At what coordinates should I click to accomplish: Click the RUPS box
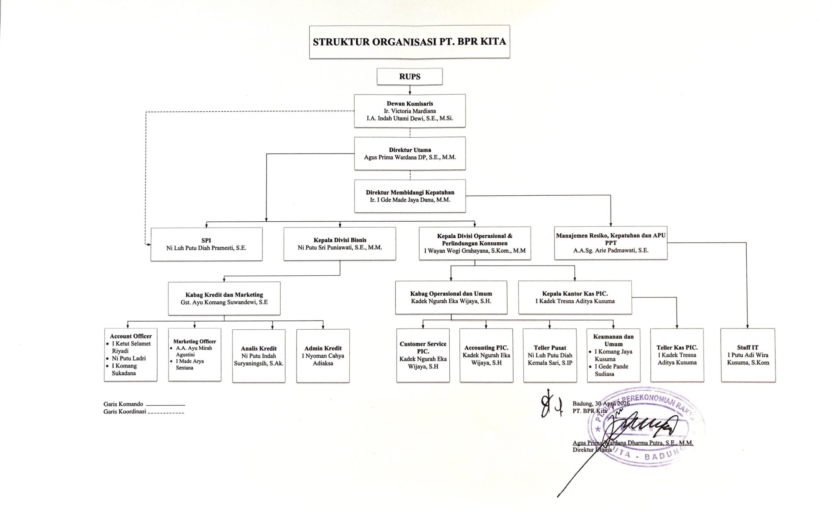pos(409,76)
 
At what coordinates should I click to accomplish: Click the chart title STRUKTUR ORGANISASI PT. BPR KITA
pos(409,42)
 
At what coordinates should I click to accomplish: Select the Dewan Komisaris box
pos(409,111)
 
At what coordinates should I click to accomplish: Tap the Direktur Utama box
pos(409,153)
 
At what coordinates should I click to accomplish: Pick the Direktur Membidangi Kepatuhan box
pos(410,196)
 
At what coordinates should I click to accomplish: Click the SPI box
pos(206,244)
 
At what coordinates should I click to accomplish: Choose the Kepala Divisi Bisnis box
pos(340,244)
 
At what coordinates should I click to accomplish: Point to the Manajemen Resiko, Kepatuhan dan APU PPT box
pos(611,243)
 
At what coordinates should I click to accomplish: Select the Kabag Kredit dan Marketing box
pos(224,298)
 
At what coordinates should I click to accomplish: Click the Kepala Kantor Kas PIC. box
pos(575,297)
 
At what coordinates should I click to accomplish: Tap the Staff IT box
pos(748,355)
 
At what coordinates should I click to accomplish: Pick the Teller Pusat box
pos(550,355)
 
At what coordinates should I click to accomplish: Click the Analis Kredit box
pos(259,356)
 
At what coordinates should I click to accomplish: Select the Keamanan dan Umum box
pos(613,355)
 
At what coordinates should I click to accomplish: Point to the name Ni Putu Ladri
pos(129,359)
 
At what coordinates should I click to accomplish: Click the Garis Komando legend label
pos(123,404)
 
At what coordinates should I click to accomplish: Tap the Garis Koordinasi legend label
pos(125,412)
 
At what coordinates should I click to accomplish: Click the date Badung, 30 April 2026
pos(601,404)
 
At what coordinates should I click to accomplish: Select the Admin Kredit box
pos(323,356)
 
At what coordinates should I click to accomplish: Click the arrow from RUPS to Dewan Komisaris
pos(410,90)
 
